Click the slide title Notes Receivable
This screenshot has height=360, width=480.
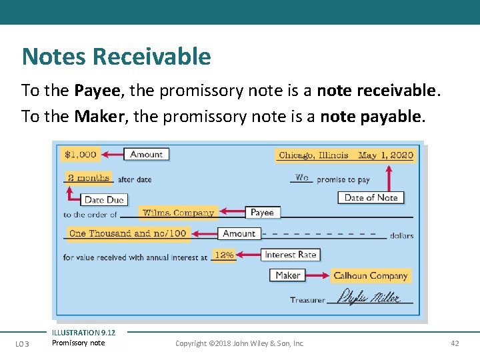116,57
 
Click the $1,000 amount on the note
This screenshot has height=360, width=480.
80,155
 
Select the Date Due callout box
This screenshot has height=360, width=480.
105,199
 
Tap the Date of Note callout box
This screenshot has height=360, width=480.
371,197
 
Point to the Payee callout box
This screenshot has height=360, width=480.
262,212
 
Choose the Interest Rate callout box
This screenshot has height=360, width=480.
290,255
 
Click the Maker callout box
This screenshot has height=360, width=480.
288,275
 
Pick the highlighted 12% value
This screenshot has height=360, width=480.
223,255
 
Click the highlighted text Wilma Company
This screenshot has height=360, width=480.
178,213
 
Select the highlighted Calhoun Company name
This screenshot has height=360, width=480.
370,275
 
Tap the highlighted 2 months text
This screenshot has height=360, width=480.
89,178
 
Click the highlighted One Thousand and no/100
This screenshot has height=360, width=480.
128,233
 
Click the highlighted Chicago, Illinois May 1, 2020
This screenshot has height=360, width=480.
345,155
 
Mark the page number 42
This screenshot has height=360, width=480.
455,343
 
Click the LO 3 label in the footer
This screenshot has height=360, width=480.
23,343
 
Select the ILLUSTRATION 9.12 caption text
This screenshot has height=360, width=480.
83,333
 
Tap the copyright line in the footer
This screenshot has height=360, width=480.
239,343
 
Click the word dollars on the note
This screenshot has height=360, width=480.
401,235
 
